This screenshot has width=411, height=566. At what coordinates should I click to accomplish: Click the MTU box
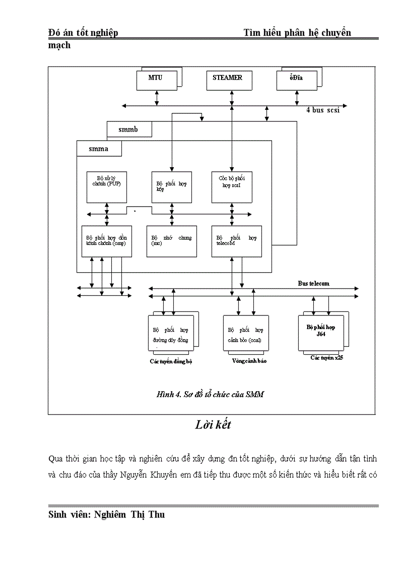157,80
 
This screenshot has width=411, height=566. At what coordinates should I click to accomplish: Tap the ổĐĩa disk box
296,80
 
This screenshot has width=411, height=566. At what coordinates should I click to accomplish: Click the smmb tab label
129,130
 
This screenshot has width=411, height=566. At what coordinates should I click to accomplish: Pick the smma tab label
99,149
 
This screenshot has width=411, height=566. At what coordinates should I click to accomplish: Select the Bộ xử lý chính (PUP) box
106,186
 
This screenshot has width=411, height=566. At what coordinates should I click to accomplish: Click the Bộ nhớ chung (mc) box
171,241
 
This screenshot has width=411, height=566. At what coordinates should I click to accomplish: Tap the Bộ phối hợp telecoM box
236,241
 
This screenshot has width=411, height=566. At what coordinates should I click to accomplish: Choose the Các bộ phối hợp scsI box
231,186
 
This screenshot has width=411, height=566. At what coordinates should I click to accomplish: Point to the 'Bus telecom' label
313,283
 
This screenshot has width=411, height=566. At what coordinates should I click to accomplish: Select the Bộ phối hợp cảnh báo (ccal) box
246,333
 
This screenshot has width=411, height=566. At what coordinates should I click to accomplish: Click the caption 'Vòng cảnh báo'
249,361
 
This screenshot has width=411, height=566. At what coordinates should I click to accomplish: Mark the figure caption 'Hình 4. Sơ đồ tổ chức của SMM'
210,395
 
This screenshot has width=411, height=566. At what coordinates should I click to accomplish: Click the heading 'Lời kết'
213,425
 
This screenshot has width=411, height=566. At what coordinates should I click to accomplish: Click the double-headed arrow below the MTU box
157,98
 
